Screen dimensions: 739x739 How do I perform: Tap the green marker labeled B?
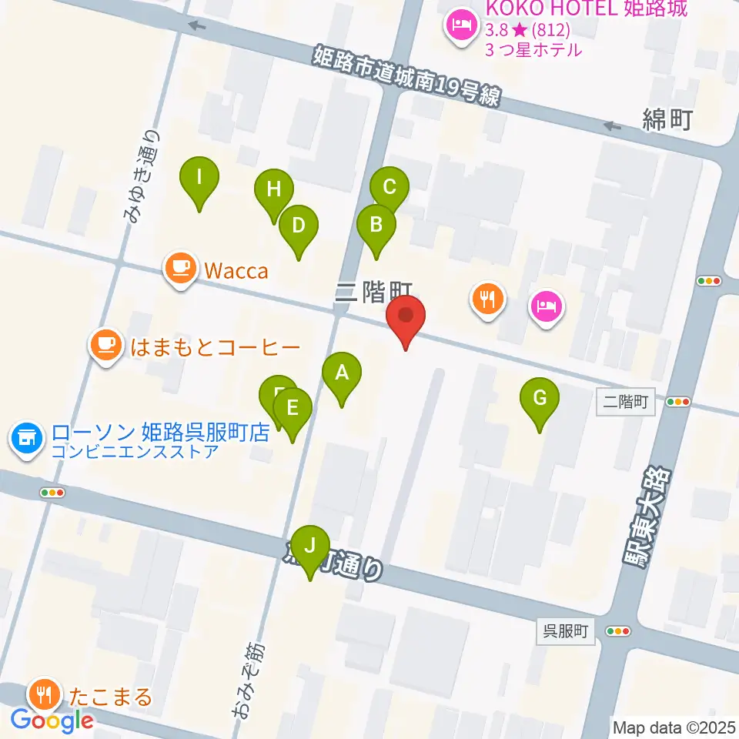(x=376, y=226)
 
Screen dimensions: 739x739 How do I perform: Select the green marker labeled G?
(x=540, y=399)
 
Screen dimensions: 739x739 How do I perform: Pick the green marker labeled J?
(x=310, y=546)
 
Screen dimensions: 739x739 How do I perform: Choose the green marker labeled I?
(x=199, y=179)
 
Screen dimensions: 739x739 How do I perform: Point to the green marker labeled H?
(x=274, y=189)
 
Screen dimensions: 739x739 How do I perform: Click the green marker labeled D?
(x=299, y=226)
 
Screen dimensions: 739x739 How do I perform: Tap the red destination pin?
(x=405, y=317)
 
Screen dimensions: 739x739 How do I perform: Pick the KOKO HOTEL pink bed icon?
(x=461, y=26)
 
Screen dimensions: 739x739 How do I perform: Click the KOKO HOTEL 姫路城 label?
(x=587, y=11)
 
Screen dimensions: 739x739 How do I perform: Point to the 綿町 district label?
(x=668, y=119)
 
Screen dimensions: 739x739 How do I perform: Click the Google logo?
(x=52, y=721)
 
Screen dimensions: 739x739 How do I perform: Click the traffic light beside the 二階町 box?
(x=678, y=401)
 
